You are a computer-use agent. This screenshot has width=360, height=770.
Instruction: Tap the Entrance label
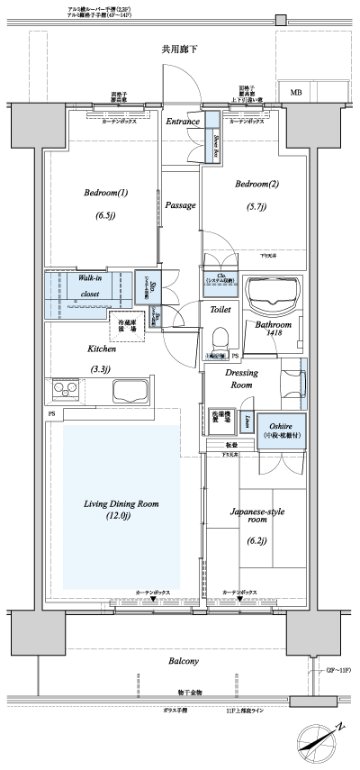(x=181, y=121)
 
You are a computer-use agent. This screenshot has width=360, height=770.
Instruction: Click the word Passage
(x=181, y=205)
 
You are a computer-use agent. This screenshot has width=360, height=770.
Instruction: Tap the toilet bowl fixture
(x=219, y=340)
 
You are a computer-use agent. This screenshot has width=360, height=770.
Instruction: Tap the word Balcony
(x=184, y=662)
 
